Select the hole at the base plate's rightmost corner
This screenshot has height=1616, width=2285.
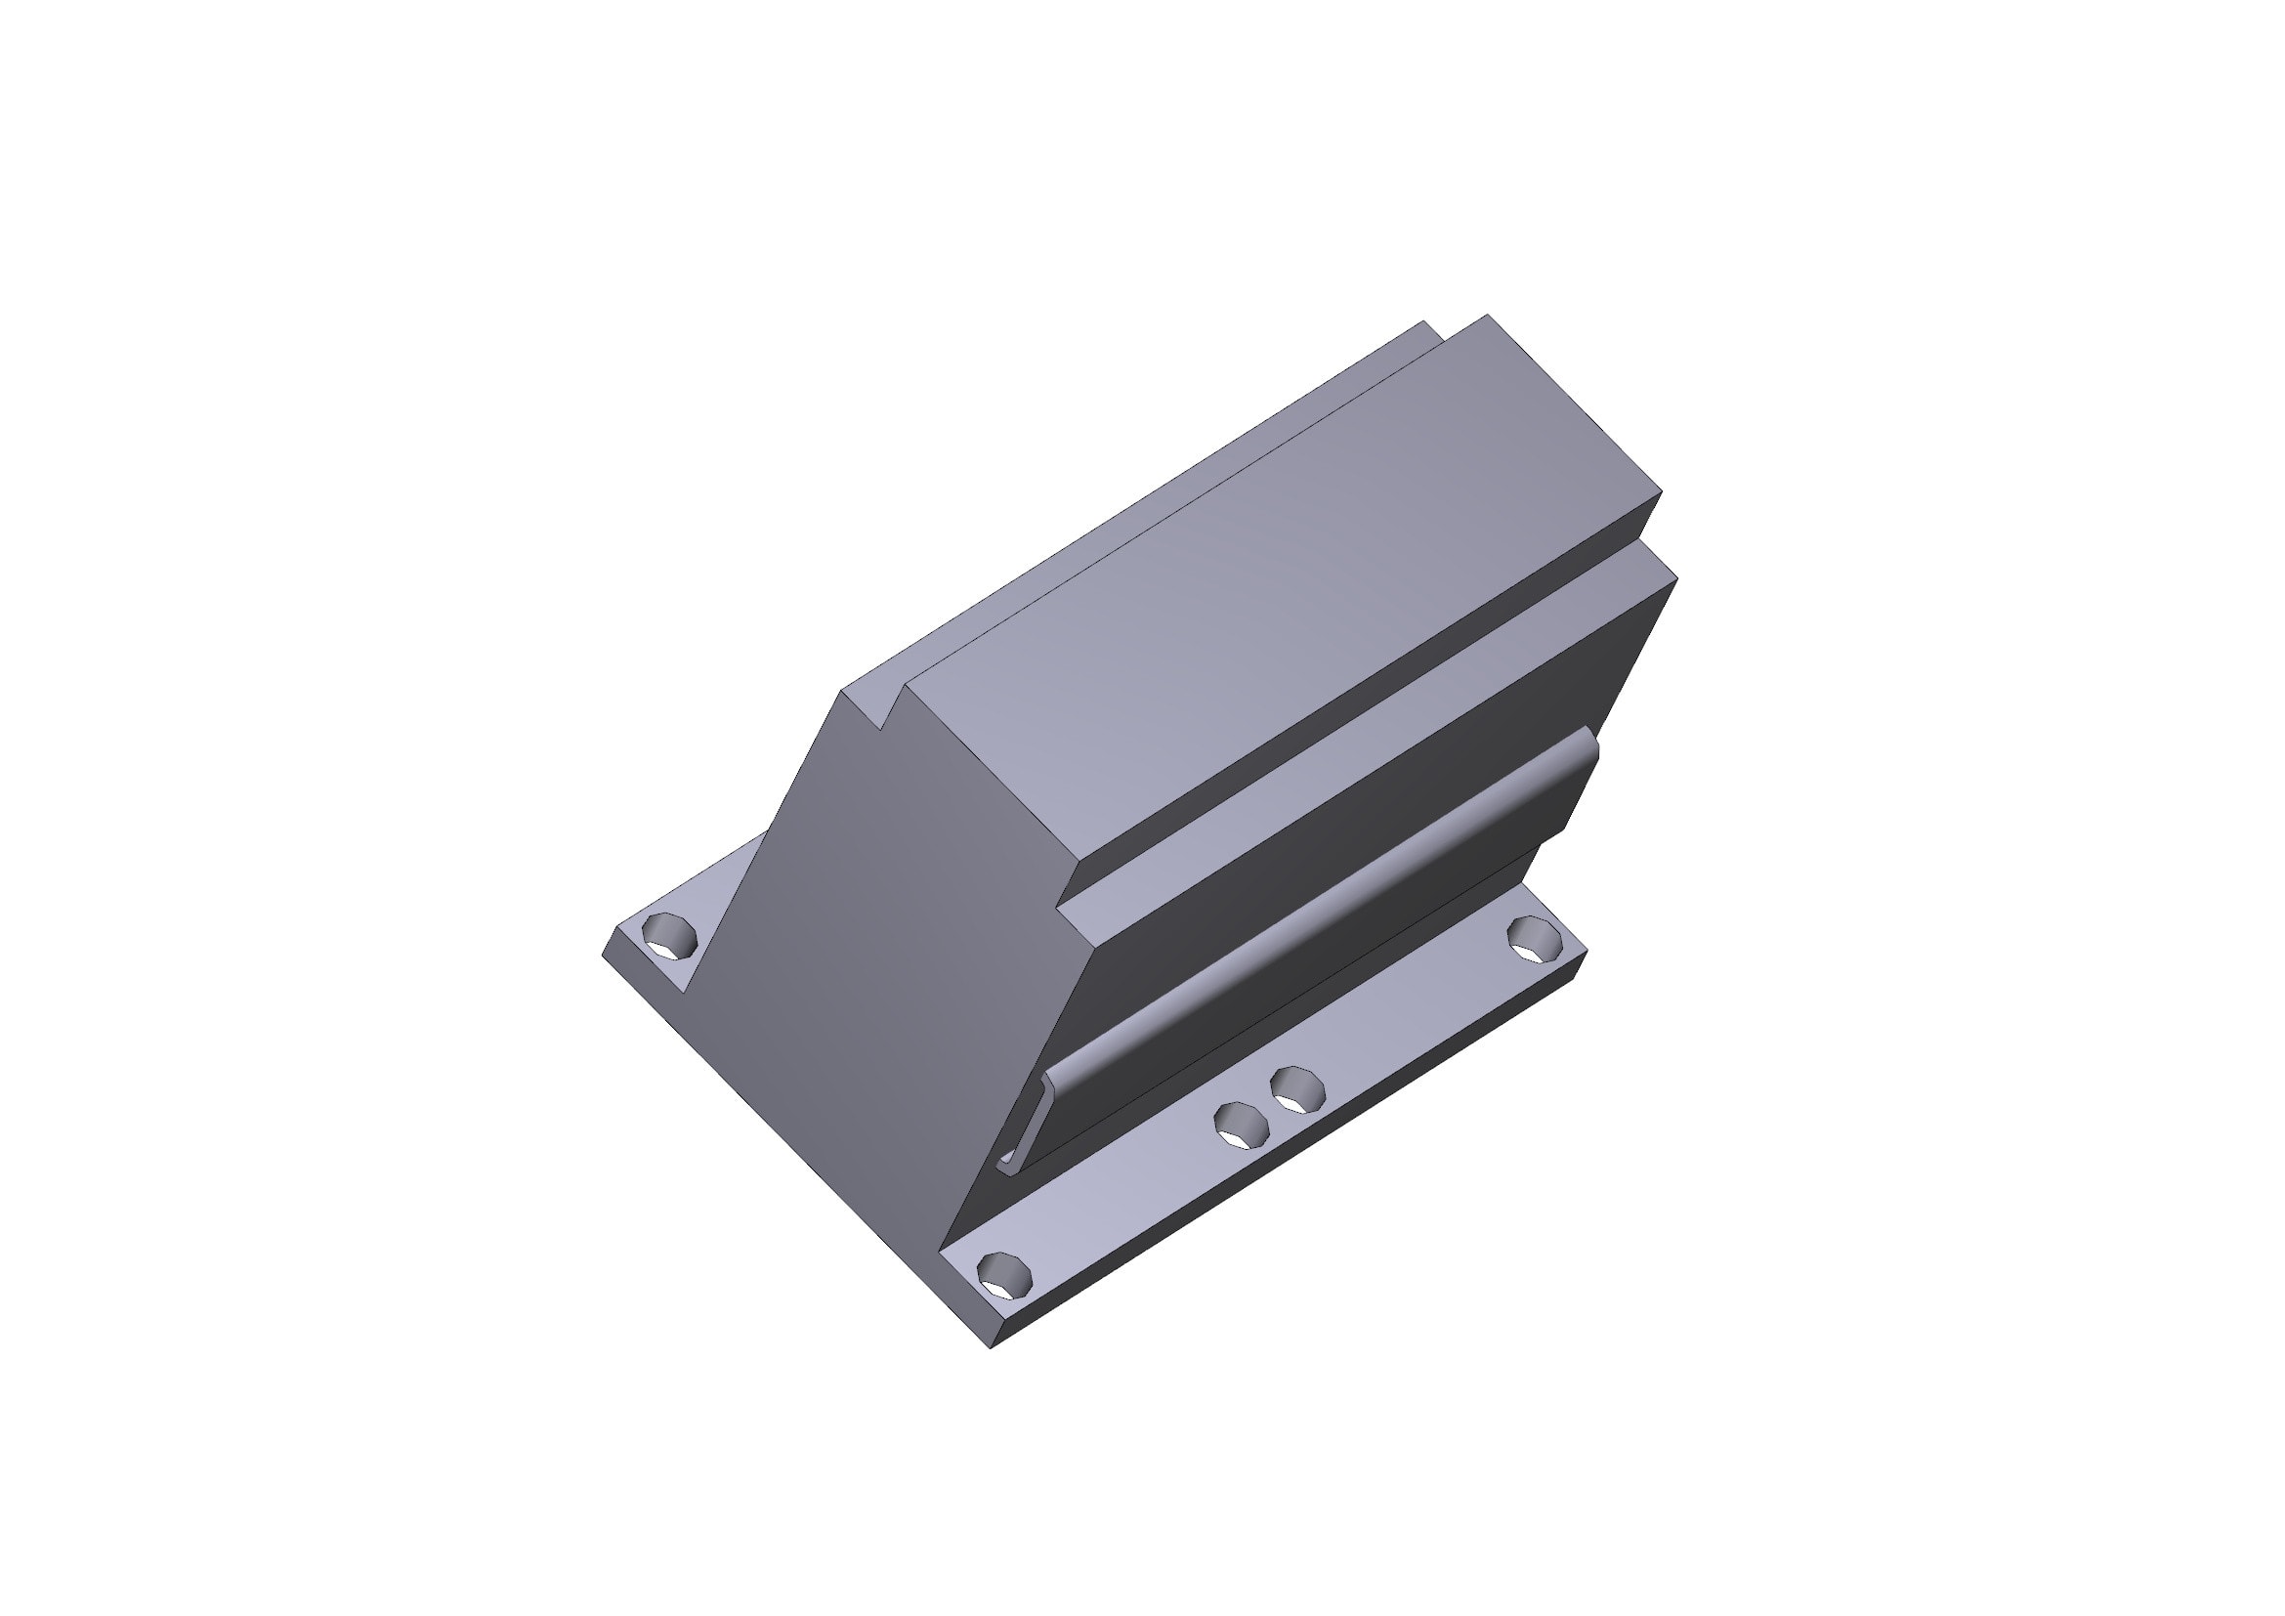pyautogui.click(x=1535, y=938)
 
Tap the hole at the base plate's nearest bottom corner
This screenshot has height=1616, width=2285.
pyautogui.click(x=1005, y=1274)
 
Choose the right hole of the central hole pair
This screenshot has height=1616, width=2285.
pyautogui.click(x=1297, y=1089)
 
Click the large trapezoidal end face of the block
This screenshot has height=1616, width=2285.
pyautogui.click(x=856, y=956)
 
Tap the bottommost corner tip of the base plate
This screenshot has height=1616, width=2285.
pyautogui.click(x=992, y=1349)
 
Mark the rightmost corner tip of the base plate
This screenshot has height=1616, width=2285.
pyautogui.click(x=1587, y=953)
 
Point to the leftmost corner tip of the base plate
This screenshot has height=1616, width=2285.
pyautogui.click(x=604, y=956)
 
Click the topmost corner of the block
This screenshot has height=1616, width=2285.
pyautogui.click(x=1489, y=316)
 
